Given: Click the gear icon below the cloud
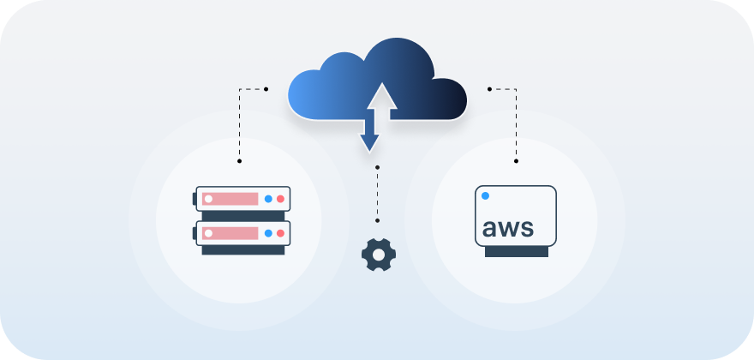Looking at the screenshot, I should coord(379,255).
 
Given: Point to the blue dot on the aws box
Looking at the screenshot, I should coord(485,196).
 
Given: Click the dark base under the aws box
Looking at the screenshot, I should coord(516,252).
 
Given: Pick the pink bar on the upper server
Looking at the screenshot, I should coord(230,199).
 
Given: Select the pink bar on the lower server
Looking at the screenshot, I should coord(230,232).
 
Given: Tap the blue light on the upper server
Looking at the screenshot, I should coord(268,199).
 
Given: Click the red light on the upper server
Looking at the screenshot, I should coord(280,199).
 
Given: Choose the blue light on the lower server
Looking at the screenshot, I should coord(268,232).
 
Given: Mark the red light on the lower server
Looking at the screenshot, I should coord(280,232).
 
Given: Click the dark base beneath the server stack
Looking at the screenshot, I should coord(243,250).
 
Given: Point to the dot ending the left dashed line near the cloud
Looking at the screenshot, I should coord(266,88).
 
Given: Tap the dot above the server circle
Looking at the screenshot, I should coord(239,160).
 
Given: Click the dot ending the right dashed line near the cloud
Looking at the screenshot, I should coord(488,88).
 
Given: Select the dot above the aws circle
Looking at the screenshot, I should coord(517,160).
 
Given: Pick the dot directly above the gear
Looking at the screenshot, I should coord(377,220).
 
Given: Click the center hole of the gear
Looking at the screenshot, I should coord(379,255).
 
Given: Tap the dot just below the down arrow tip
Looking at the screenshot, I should coord(377,167).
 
